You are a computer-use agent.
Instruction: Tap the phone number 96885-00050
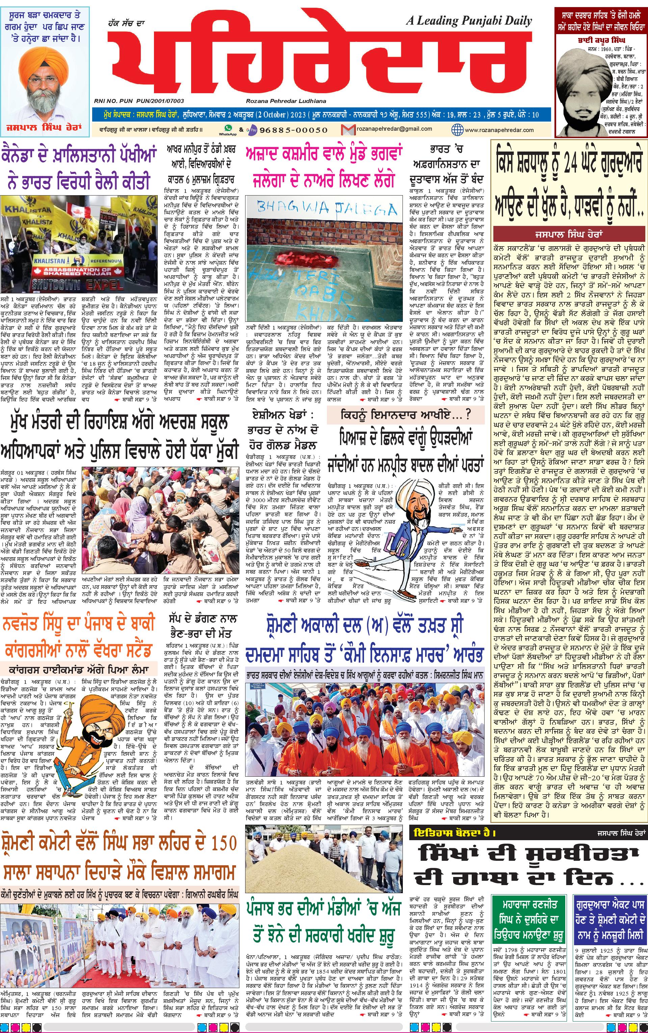(293, 130)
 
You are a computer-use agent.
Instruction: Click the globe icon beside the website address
(457, 129)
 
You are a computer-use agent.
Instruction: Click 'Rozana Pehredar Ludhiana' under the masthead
(286, 101)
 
